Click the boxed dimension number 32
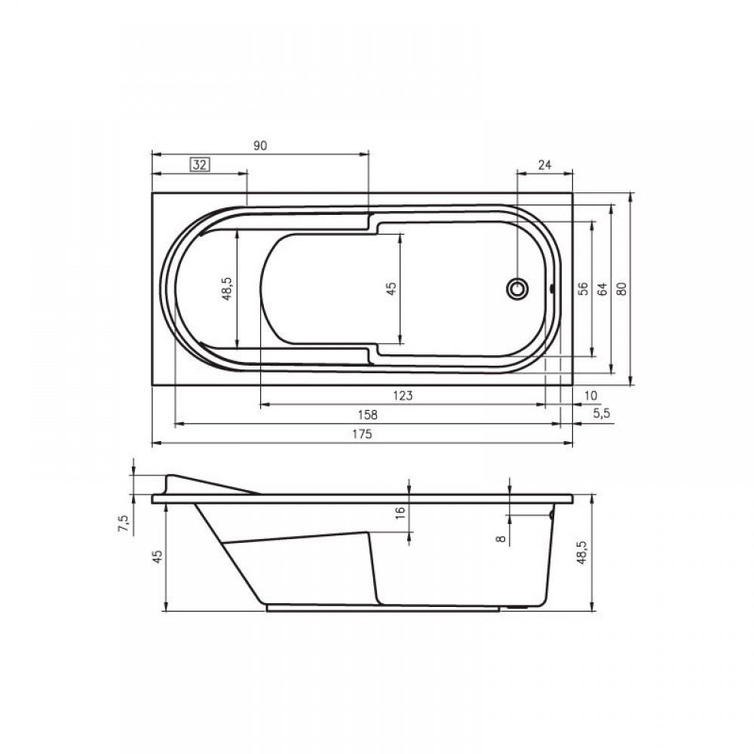[x=200, y=165]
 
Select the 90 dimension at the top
[x=260, y=146]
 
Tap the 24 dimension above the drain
[x=544, y=165]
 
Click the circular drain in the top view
[x=517, y=289]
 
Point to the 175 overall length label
[x=362, y=434]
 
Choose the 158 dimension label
[x=368, y=415]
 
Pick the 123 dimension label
[x=403, y=396]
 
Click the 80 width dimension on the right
[x=622, y=289]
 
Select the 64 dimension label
[x=602, y=289]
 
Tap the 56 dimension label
[x=583, y=289]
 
